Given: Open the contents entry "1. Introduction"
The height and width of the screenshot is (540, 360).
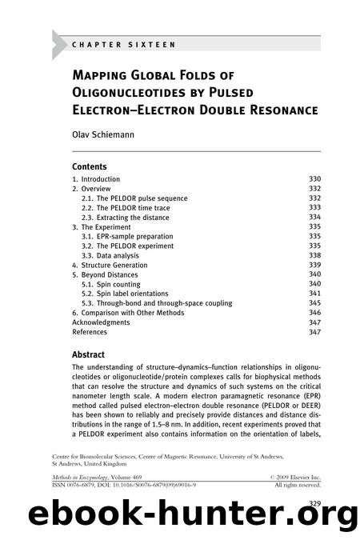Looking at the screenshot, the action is coord(96,179).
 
